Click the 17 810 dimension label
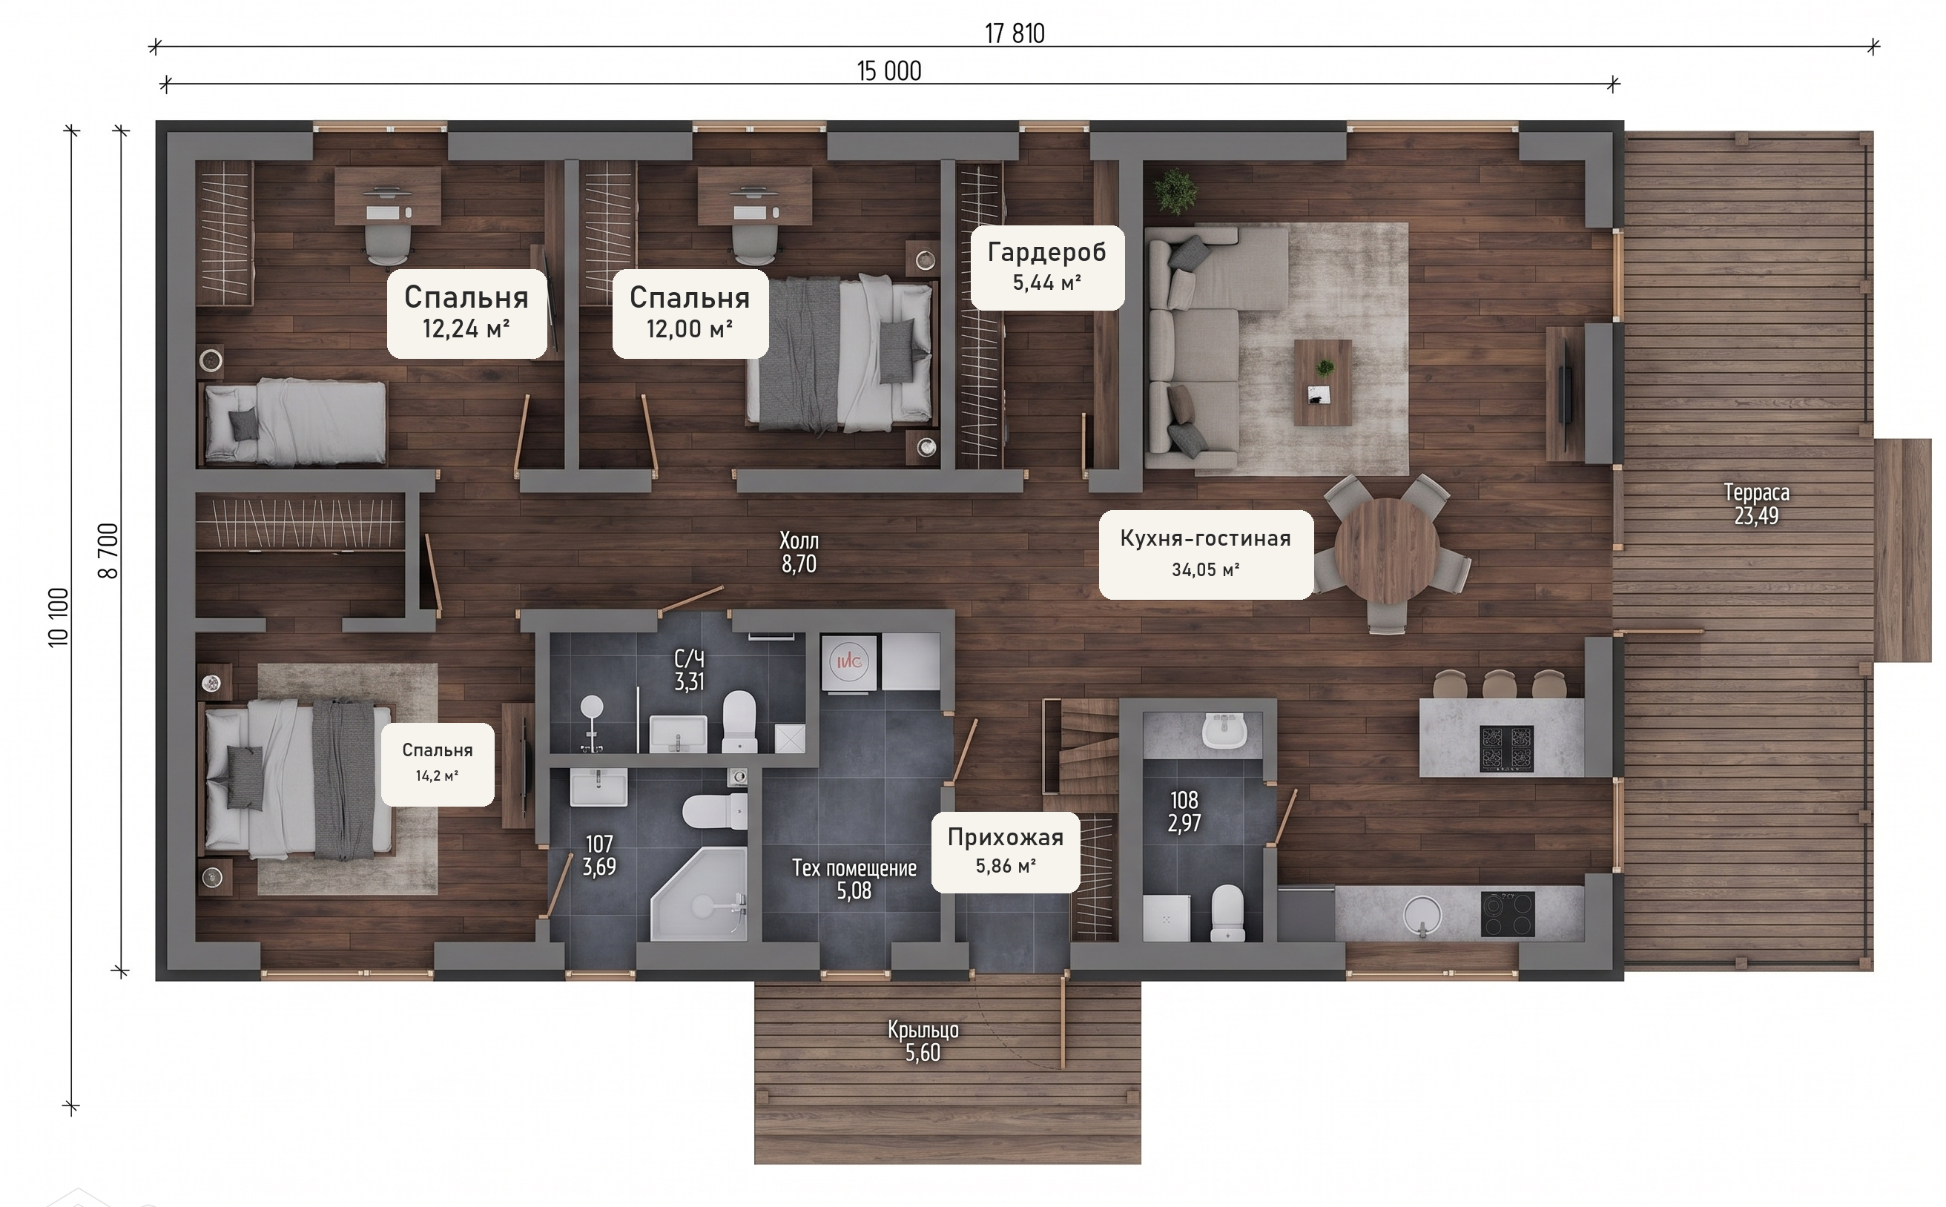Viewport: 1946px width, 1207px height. point(1014,33)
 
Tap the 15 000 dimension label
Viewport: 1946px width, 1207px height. point(888,71)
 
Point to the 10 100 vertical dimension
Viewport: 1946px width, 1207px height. point(59,617)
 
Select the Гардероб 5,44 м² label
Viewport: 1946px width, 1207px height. point(1047,267)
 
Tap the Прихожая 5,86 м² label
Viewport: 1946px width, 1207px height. point(1006,851)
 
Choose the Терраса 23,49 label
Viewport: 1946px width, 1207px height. point(1756,504)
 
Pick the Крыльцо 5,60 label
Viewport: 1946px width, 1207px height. point(923,1042)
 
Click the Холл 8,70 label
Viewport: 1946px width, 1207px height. point(799,552)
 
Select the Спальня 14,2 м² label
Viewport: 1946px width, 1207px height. point(438,763)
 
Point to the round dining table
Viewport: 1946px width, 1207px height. point(1386,550)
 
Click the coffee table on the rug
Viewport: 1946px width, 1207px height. point(1322,383)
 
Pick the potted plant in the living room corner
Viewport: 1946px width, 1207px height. point(1175,191)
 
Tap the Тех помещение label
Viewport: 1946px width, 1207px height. point(854,868)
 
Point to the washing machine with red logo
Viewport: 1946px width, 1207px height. point(850,662)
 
